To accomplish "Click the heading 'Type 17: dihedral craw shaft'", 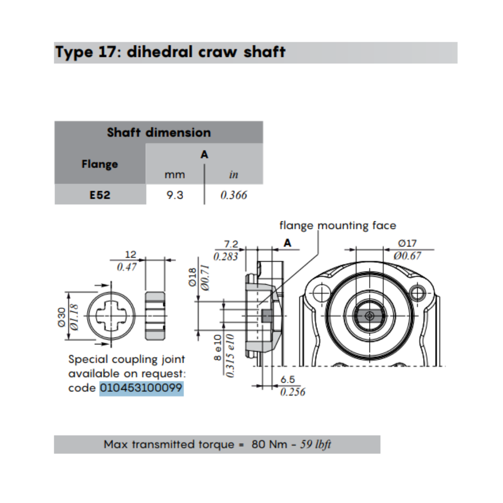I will click(171, 52).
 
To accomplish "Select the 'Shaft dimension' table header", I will click(158, 133).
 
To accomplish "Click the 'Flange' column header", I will click(100, 164).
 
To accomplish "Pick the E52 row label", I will click(100, 195).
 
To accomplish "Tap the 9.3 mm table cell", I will click(175, 195).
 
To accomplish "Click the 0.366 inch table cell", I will click(234, 195).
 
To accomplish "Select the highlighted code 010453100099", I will click(141, 388).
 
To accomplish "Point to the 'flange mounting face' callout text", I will click(338, 225).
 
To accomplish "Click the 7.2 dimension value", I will click(231, 244).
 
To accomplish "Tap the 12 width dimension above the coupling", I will click(130, 255).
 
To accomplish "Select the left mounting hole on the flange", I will click(320, 292).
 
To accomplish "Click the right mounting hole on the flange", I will click(417, 292).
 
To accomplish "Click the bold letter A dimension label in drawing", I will click(287, 243).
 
